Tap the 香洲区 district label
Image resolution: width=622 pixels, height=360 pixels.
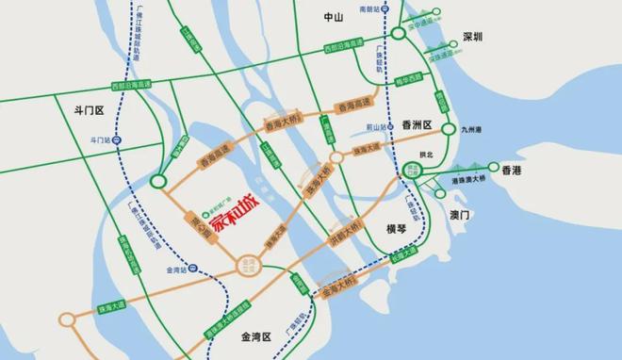click(416, 125)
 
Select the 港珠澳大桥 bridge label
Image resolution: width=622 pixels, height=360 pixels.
click(468, 178)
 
